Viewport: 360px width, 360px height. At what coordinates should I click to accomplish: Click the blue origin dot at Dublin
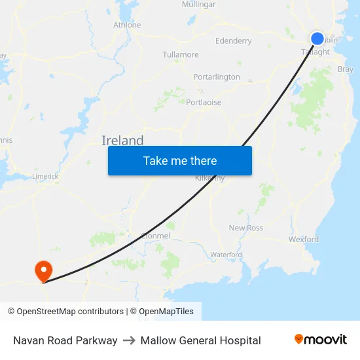317,39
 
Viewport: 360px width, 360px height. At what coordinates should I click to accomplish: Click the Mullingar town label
198,5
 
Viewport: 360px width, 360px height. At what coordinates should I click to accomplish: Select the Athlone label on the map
127,25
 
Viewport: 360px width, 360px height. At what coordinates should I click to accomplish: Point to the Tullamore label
181,54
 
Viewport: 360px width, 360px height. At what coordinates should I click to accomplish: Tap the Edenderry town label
233,41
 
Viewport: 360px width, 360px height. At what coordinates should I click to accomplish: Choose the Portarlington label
217,77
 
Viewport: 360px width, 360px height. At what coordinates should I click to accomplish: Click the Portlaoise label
204,102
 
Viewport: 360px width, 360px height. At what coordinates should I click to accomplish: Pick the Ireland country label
122,140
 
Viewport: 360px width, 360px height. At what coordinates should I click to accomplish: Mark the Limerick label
45,176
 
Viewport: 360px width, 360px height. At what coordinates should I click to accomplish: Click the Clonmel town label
156,236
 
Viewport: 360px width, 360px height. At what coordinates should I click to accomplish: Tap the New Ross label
246,228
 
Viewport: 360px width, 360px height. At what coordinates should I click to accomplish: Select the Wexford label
304,240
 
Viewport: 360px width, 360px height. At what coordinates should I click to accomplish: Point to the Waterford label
226,255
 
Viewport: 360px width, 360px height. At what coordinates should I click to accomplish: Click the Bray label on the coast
345,69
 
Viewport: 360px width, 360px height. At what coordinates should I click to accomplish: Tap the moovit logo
321,340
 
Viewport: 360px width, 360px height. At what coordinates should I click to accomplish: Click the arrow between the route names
129,340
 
